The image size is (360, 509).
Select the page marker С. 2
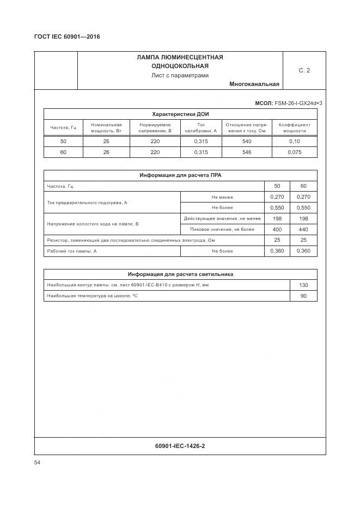[304, 70]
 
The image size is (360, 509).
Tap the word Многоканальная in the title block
[254, 84]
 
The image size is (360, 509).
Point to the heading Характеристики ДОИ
[180, 114]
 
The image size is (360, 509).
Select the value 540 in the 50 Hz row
[247, 142]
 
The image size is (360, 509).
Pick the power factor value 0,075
[295, 152]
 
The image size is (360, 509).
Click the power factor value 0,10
[295, 142]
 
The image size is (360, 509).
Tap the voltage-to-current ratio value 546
[247, 152]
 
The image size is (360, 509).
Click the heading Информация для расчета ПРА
[180, 175]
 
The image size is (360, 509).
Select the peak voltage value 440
[303, 229]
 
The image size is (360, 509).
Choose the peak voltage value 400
[277, 229]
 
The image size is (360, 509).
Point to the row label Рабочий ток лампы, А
[72, 251]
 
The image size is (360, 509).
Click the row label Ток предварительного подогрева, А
[87, 203]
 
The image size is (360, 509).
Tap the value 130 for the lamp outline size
[303, 285]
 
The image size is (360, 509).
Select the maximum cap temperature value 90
[303, 296]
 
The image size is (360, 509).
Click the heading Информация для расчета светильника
[180, 274]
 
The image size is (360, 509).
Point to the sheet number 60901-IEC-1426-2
[180, 446]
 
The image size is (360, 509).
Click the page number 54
[38, 463]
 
